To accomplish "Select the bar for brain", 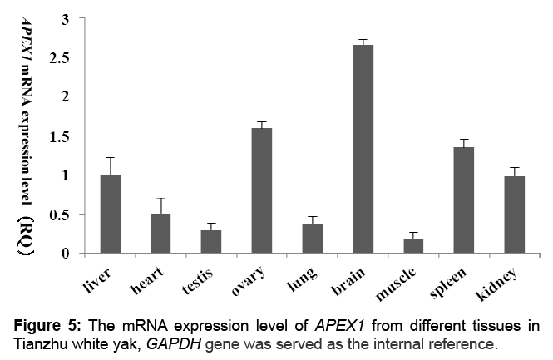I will pos(363,150).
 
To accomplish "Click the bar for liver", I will pos(110,215).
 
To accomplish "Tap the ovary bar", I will pos(262,191).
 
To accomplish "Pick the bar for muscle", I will pos(414,246).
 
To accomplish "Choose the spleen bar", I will pos(464,200).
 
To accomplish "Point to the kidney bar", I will pos(515,215).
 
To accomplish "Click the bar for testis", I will pos(211,242).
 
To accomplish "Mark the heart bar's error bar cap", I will pos(160,199).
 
